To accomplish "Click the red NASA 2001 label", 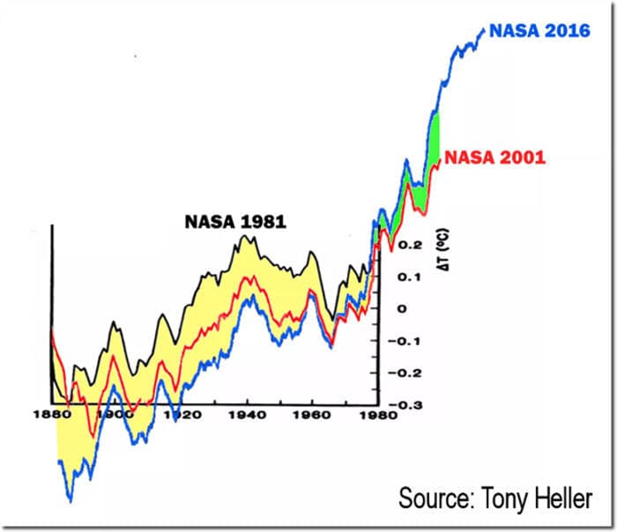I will pyautogui.click(x=494, y=158).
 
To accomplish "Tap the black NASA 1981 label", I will pyautogui.click(x=235, y=222).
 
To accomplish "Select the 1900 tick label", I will pyautogui.click(x=112, y=414).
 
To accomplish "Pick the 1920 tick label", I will pyautogui.click(x=179, y=414).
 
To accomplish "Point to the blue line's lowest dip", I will pyautogui.click(x=70, y=501).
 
